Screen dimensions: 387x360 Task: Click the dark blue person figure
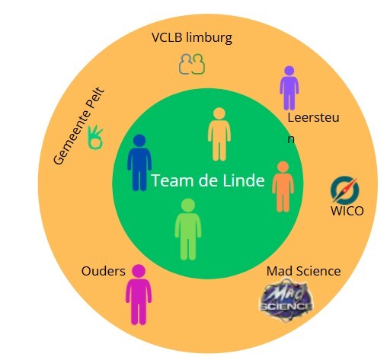(x=139, y=163)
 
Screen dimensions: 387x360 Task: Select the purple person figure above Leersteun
(x=289, y=88)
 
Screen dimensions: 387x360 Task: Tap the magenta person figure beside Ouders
(x=139, y=295)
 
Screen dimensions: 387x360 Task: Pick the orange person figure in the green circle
(x=283, y=186)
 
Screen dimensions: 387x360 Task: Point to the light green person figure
(x=188, y=230)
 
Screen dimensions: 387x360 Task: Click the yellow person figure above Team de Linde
(x=219, y=135)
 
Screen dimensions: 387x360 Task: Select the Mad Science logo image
(x=286, y=300)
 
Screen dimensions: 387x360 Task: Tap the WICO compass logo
(x=344, y=190)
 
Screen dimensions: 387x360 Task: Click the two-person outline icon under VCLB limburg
(x=192, y=64)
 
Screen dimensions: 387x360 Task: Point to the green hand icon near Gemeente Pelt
(x=95, y=137)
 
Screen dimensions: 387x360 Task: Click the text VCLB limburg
(x=192, y=38)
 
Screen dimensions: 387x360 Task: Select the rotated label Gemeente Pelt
(x=78, y=126)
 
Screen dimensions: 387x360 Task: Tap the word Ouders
(x=104, y=271)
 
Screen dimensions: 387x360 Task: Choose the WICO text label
(x=347, y=211)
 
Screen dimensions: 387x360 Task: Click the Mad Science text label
(x=304, y=271)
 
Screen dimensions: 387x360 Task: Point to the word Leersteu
(x=313, y=118)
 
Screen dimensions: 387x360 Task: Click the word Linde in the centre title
(x=244, y=180)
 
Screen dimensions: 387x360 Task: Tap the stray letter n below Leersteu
(x=291, y=139)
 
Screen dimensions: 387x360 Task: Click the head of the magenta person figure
(x=139, y=271)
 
